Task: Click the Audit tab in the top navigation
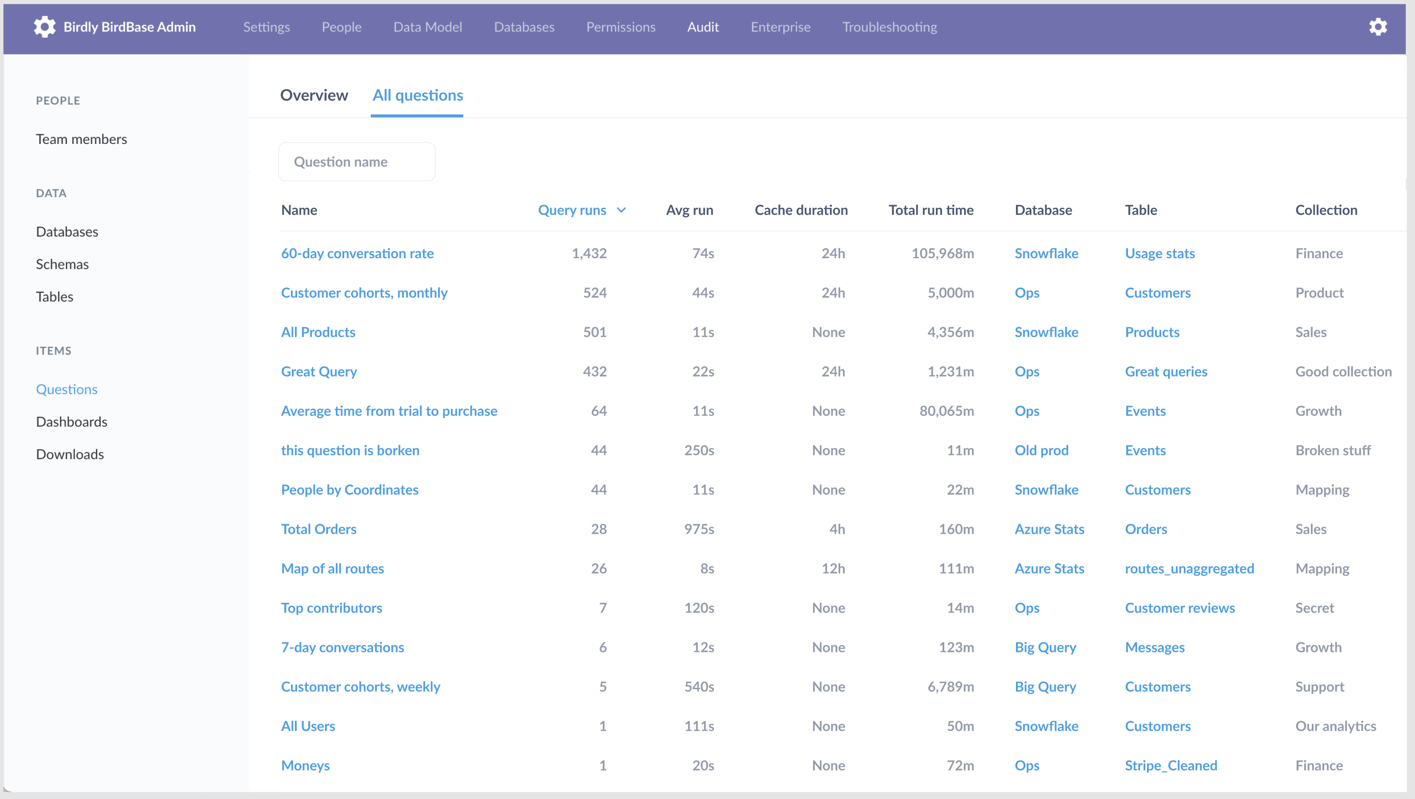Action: pos(702,27)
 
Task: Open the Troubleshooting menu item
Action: pos(889,27)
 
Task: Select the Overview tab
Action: pos(314,95)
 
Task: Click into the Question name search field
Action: pos(357,162)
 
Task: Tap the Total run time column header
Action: pos(930,210)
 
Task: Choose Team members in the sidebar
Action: pos(81,139)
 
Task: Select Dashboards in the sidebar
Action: pos(71,422)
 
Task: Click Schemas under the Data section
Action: pos(62,264)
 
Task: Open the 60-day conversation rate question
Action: pos(357,253)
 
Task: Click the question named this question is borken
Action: pos(350,450)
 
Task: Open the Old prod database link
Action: pos(1041,450)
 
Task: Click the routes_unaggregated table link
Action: pos(1189,568)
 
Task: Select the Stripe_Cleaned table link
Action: pos(1171,765)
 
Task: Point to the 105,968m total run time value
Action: pos(942,253)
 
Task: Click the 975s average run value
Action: pos(699,529)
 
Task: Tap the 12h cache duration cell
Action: pos(833,568)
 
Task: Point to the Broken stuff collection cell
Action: pos(1333,450)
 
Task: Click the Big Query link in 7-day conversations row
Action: pos(1045,648)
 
